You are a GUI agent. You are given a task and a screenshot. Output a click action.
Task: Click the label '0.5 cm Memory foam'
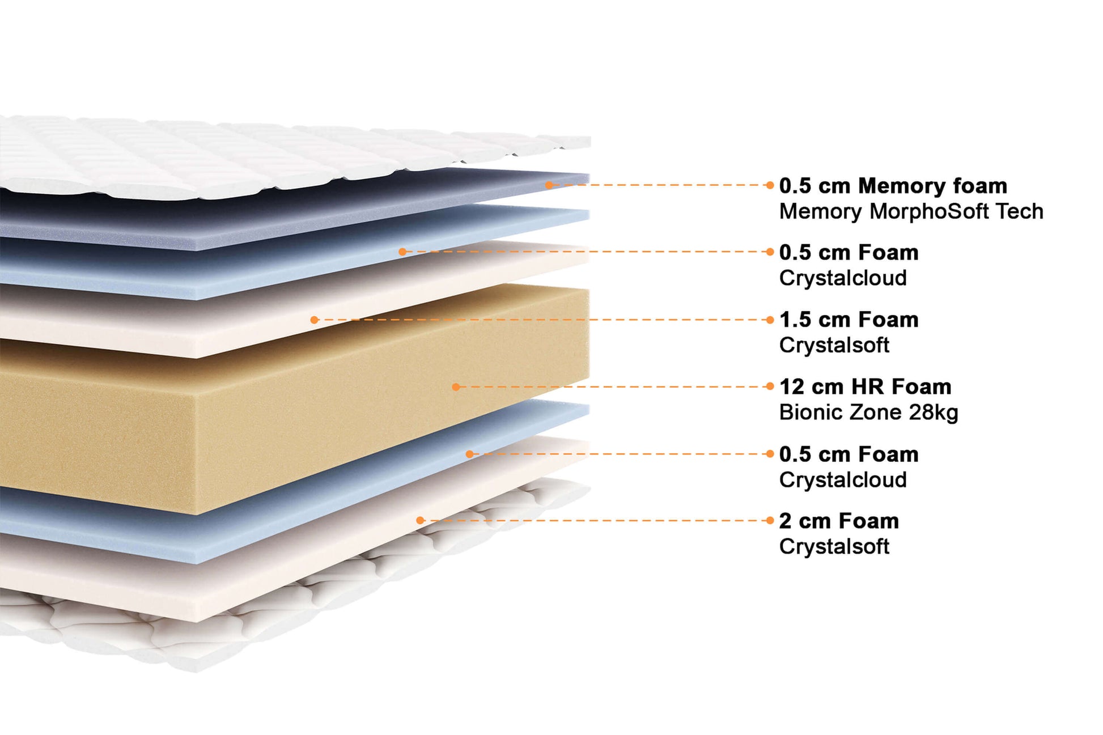pyautogui.click(x=893, y=186)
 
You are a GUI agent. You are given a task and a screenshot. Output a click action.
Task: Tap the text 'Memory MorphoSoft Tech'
pyautogui.click(x=911, y=211)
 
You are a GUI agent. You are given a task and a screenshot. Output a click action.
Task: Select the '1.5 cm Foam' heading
pyautogui.click(x=849, y=320)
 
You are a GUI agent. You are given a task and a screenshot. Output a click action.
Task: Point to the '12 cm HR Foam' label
pyautogui.click(x=865, y=386)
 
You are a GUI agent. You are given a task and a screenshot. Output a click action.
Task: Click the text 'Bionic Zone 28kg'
pyautogui.click(x=868, y=412)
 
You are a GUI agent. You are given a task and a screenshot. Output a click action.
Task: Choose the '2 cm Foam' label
pyautogui.click(x=839, y=521)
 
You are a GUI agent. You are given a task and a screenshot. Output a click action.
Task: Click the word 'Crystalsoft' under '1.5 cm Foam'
pyautogui.click(x=834, y=345)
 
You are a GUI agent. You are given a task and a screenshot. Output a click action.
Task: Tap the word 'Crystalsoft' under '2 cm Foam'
pyautogui.click(x=834, y=547)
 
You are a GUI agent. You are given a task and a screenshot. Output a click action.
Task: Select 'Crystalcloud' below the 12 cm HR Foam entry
pyautogui.click(x=843, y=480)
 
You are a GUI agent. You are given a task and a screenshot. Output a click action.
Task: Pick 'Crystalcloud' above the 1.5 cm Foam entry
pyautogui.click(x=843, y=278)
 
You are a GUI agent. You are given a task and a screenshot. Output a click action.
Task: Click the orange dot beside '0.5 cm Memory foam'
pyautogui.click(x=770, y=185)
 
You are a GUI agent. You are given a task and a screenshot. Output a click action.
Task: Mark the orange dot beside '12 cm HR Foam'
pyautogui.click(x=770, y=386)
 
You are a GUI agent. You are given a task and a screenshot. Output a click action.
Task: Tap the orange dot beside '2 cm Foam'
pyautogui.click(x=770, y=520)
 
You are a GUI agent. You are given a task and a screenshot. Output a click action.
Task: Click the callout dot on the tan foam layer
pyautogui.click(x=456, y=387)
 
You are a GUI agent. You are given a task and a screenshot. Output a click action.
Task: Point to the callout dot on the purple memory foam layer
pyautogui.click(x=549, y=185)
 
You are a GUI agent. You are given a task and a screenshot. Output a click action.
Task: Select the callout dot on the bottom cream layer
pyautogui.click(x=420, y=520)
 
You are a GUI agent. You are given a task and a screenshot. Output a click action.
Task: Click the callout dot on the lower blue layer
pyautogui.click(x=469, y=454)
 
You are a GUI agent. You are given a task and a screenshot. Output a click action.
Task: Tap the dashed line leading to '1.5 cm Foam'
pyautogui.click(x=538, y=320)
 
